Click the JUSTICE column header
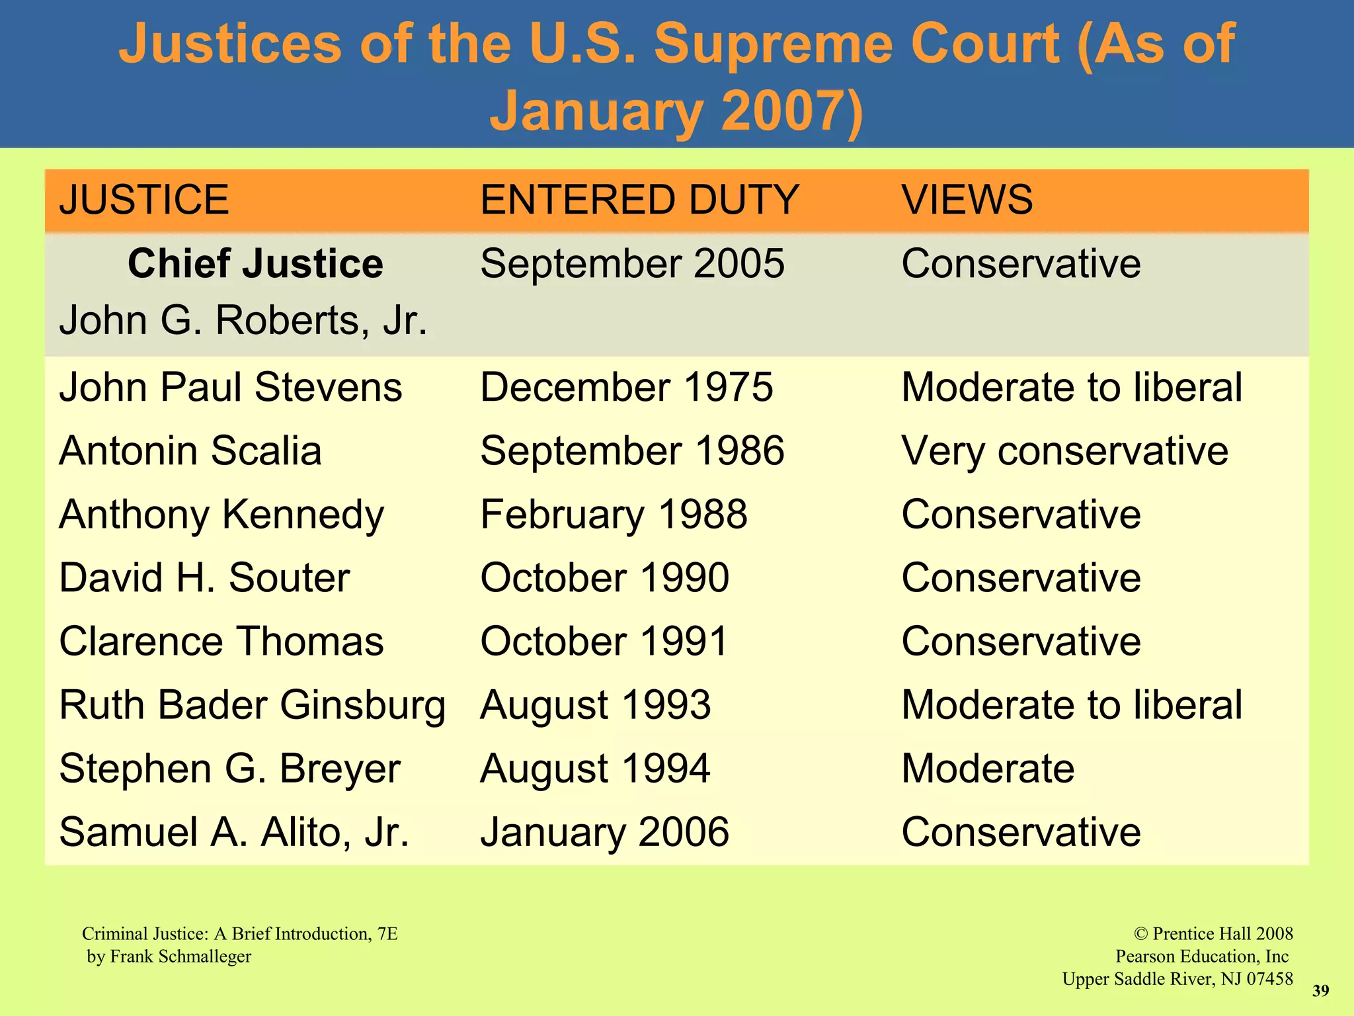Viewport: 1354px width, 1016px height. click(144, 200)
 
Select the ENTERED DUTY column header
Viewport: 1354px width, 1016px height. click(639, 200)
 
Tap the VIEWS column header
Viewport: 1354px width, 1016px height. click(967, 200)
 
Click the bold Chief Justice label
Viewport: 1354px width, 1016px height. click(255, 263)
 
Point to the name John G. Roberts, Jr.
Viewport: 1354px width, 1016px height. click(243, 321)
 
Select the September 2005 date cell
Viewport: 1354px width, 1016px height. click(632, 263)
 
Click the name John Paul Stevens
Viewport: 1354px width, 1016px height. click(230, 387)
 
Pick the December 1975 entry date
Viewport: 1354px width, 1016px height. click(626, 387)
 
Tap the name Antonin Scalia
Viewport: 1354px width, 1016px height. click(190, 451)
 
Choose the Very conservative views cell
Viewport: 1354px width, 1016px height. click(1064, 451)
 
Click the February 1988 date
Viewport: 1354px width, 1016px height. click(614, 515)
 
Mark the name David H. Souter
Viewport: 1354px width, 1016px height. click(204, 578)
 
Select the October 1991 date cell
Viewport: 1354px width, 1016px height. click(604, 642)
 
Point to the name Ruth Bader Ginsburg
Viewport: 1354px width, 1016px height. click(252, 705)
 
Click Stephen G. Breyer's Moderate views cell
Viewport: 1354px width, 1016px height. click(988, 769)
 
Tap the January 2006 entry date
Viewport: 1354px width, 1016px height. click(604, 832)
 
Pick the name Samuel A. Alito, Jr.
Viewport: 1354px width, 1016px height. click(234, 832)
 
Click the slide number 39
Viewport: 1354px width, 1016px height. click(1320, 991)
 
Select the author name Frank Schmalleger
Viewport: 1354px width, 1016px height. click(180, 956)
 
